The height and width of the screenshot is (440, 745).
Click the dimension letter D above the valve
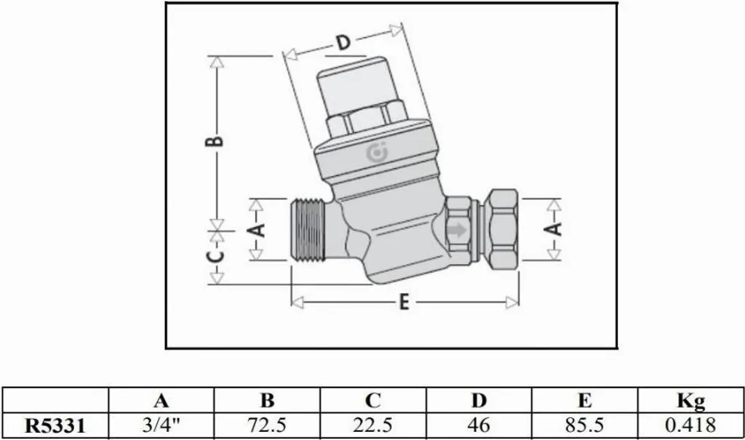[x=343, y=43]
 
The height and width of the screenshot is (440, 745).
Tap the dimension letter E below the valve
[x=403, y=303]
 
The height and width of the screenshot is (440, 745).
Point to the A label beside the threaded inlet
[x=258, y=231]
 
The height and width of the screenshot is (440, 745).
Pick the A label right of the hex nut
[x=554, y=229]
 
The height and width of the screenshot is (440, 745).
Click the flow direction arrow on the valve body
[x=457, y=231]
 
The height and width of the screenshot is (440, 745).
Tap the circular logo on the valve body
[x=378, y=153]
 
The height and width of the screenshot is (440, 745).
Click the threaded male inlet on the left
[x=308, y=230]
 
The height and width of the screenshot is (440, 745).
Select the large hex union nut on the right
[x=503, y=229]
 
